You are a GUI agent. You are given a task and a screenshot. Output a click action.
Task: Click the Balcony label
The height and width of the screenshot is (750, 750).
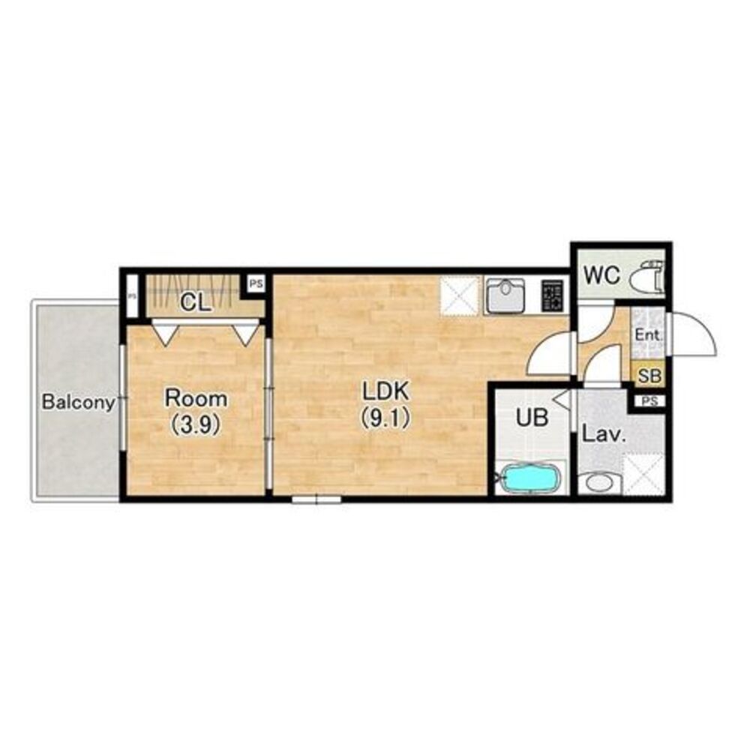79,402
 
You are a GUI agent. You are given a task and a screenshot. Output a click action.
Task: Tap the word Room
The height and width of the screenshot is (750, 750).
196,398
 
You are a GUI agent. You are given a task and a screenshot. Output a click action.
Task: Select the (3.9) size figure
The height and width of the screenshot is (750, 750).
196,424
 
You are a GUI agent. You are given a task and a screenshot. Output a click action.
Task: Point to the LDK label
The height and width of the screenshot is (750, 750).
385,391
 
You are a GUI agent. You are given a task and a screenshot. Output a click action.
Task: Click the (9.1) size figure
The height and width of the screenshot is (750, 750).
385,419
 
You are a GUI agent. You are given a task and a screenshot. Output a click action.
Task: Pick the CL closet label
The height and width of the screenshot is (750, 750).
196,303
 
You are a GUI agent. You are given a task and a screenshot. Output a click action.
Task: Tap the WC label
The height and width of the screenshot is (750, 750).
602,275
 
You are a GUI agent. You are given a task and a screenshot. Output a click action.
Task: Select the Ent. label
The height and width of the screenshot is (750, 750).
649,334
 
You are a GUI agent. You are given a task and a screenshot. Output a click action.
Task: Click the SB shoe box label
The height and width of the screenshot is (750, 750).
649,376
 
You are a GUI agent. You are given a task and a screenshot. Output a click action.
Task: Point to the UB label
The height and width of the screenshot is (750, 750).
532,418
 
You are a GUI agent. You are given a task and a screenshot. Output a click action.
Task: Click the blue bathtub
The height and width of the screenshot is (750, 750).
532,477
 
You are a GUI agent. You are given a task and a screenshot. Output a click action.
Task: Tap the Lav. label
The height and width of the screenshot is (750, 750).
604,435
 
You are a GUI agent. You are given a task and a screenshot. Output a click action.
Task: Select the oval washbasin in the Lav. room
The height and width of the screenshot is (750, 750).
598,482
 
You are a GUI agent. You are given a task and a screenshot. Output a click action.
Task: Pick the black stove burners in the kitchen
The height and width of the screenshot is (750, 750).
552,296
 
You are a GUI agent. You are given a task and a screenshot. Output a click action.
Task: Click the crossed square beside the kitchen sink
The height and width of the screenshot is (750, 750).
459,296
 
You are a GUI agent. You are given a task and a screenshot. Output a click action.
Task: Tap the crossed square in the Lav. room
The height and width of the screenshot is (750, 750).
643,473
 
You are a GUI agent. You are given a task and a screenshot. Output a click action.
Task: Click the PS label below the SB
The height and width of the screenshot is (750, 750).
649,401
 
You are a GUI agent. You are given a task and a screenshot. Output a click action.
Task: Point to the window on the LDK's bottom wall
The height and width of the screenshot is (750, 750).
316,499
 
